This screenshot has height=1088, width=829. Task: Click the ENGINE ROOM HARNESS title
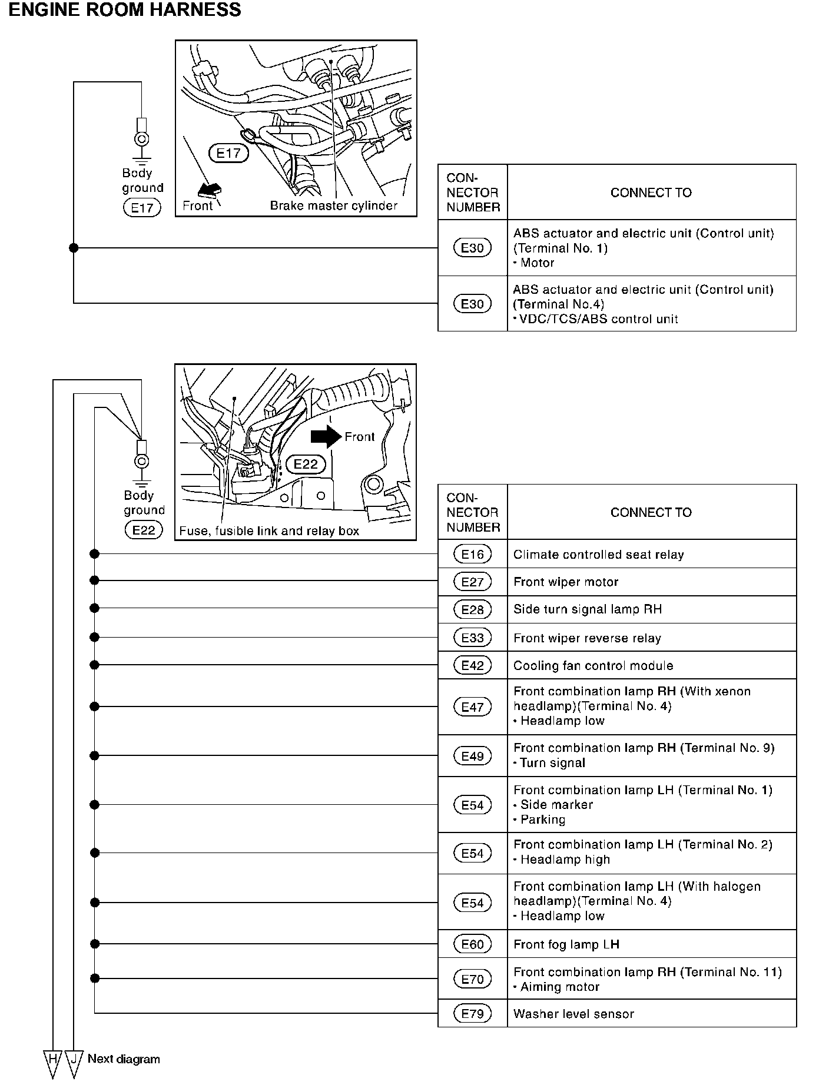124,10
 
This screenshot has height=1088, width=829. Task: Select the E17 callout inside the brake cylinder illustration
228,154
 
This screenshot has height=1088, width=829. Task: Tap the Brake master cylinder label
333,205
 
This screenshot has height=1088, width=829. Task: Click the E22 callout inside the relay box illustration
305,464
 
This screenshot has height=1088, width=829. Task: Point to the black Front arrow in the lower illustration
326,436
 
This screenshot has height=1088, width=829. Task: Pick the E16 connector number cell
472,554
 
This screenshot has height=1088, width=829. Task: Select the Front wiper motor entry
566,582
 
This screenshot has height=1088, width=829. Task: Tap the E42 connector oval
472,665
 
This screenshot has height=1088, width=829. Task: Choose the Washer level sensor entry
573,1014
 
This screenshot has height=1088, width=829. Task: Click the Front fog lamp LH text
566,944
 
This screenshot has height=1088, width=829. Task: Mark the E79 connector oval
472,1013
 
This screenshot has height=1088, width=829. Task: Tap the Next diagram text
124,1059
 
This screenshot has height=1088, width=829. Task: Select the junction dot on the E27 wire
94,581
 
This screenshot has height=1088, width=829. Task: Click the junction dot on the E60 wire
94,944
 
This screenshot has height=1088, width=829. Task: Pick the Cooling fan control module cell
593,665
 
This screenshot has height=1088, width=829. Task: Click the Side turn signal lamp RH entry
588,609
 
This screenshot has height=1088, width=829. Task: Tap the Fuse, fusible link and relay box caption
269,530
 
